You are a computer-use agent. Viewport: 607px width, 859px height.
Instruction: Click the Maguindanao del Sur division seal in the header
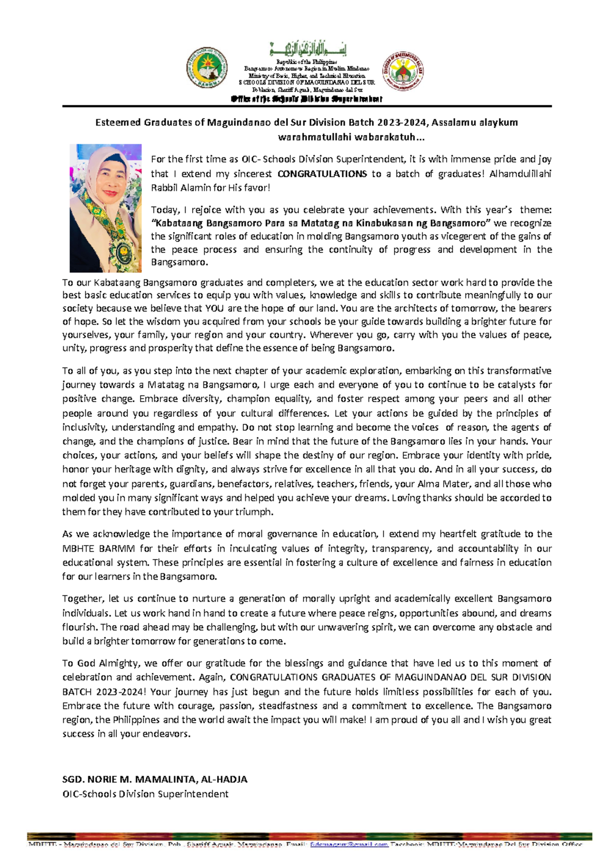[x=403, y=71]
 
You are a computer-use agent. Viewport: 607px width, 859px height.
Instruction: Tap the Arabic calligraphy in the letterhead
[x=308, y=50]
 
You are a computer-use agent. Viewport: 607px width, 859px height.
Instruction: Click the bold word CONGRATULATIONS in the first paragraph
[x=322, y=174]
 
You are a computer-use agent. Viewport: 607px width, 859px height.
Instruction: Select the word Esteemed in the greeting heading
[x=118, y=123]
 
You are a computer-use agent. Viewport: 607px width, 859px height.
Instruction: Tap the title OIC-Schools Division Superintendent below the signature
[x=145, y=794]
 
